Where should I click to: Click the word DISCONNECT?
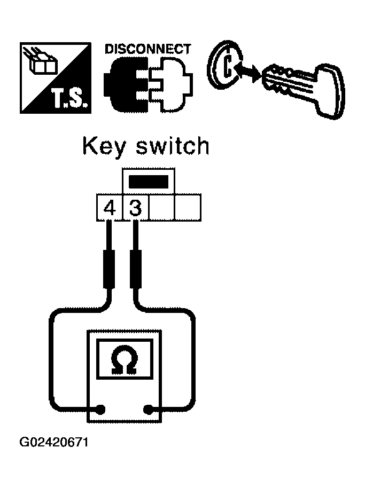coord(147,49)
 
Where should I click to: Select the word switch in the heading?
coord(173,146)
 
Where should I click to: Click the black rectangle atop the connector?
coord(149,182)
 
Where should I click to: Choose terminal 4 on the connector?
coord(110,208)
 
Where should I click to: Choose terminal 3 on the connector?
coord(136,208)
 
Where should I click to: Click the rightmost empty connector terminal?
coord(188,208)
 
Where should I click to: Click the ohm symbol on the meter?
coord(124,359)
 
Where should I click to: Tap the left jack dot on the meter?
coord(100,410)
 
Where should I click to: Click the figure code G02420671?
coord(54,442)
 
